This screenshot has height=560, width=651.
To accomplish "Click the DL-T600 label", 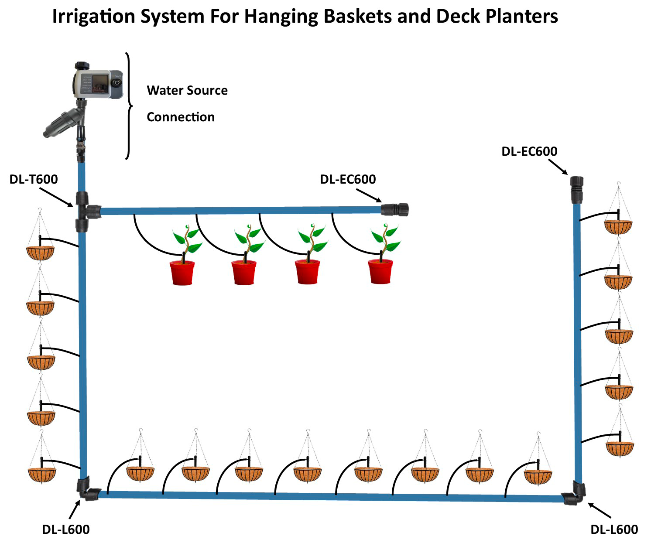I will [34, 179].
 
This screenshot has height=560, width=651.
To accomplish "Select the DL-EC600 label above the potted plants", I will [348, 179].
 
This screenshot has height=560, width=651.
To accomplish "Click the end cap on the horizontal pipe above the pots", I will [395, 209].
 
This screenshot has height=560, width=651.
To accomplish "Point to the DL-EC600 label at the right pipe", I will [529, 151].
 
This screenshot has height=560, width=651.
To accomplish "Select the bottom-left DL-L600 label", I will [66, 529].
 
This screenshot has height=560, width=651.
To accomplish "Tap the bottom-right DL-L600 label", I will [614, 529].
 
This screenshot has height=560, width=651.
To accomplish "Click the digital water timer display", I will [101, 83].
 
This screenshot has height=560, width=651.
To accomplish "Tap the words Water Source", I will [187, 90].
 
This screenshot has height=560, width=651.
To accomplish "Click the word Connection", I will [181, 117].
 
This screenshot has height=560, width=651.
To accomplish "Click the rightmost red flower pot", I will [380, 271].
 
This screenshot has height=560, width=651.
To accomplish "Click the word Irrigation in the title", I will [93, 17].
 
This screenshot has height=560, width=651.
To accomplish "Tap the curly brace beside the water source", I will [128, 106].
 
